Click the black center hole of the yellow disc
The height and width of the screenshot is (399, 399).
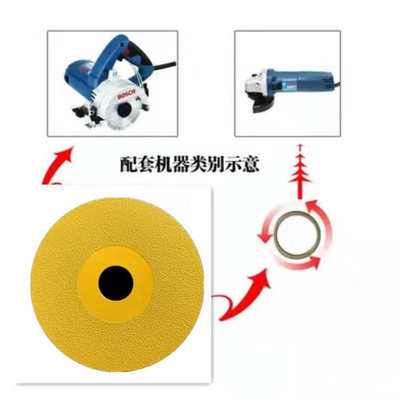(x=116, y=284)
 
